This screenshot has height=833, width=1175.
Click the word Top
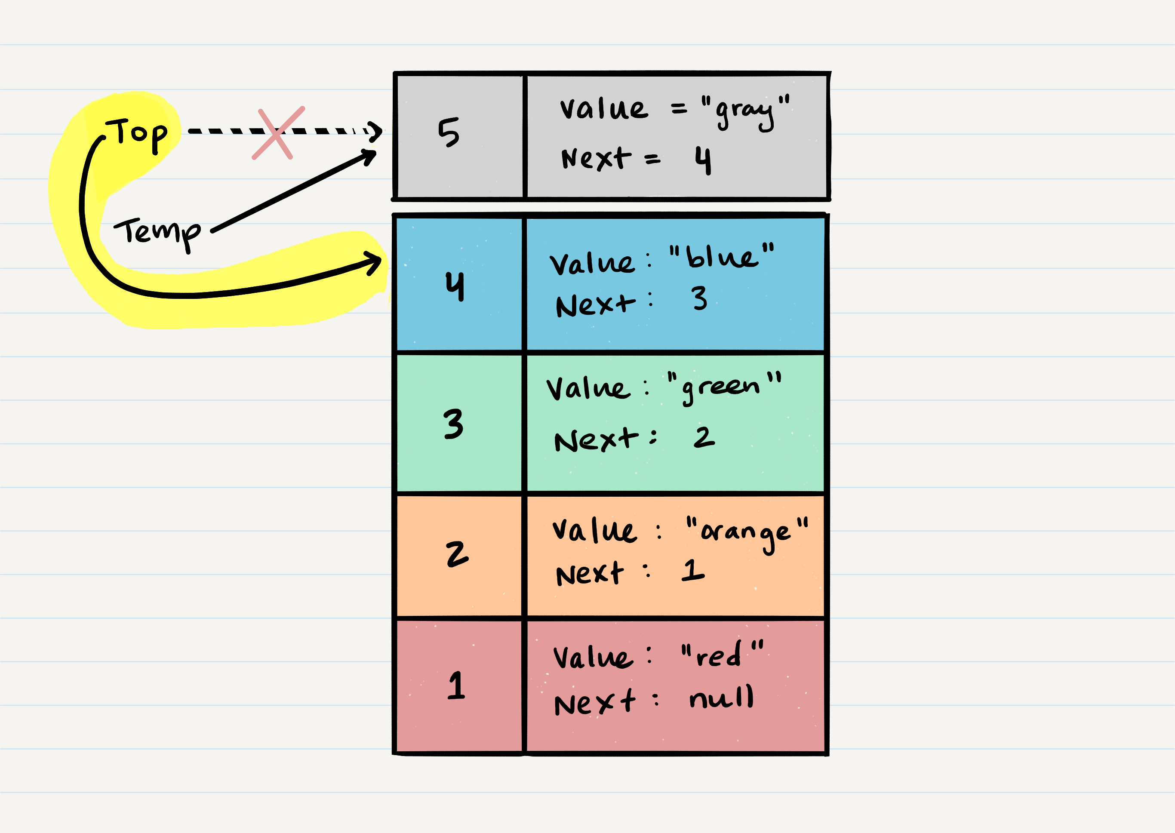pyautogui.click(x=137, y=134)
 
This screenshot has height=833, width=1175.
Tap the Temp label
pyautogui.click(x=157, y=232)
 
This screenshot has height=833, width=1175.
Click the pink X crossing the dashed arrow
pyautogui.click(x=277, y=133)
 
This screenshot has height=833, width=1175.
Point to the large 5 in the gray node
pyautogui.click(x=449, y=132)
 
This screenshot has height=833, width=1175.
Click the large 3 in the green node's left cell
pyautogui.click(x=453, y=424)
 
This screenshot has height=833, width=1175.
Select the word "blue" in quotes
pyautogui.click(x=722, y=256)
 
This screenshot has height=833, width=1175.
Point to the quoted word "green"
pyautogui.click(x=724, y=387)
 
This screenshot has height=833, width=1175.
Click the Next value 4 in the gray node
pyautogui.click(x=703, y=160)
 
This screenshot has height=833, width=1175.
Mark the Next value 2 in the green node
pyautogui.click(x=704, y=437)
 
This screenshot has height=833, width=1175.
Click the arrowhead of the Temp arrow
pyautogui.click(x=370, y=155)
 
